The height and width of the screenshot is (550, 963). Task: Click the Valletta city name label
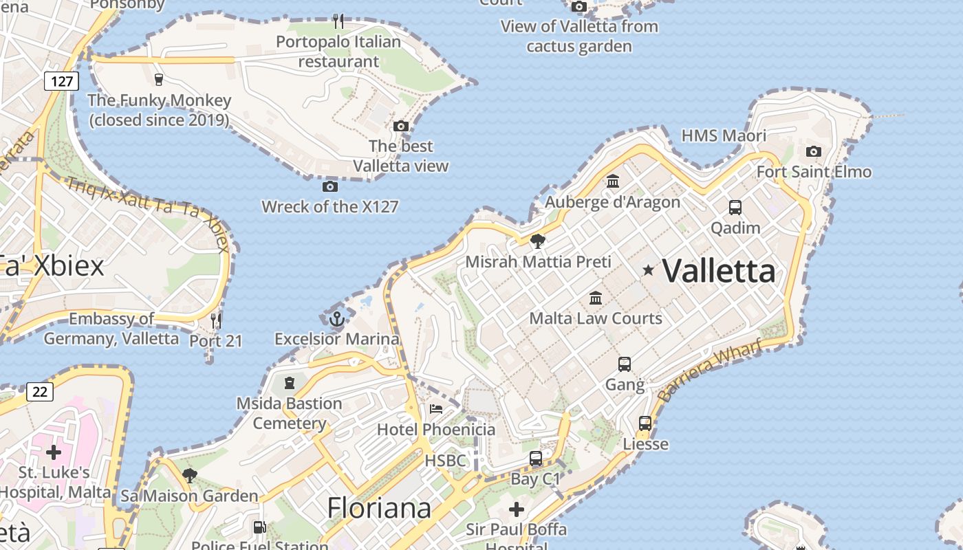click(x=719, y=271)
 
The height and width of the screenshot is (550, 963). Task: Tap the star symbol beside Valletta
click(x=648, y=270)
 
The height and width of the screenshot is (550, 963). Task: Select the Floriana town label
click(x=379, y=508)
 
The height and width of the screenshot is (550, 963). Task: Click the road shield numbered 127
click(x=62, y=82)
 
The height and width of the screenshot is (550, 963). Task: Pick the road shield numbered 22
click(x=40, y=392)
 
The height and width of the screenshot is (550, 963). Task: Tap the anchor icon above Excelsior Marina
click(x=336, y=319)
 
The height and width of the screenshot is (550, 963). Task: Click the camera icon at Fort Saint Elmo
click(x=814, y=151)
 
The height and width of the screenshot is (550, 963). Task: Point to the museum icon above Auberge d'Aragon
click(x=613, y=181)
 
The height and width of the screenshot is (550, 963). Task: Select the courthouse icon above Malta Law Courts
click(x=596, y=298)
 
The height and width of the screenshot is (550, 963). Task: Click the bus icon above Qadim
click(x=735, y=207)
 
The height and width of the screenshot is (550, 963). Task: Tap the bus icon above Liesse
click(x=645, y=423)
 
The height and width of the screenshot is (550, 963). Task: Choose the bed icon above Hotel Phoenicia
click(x=436, y=409)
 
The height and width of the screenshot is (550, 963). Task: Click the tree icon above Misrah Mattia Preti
click(x=538, y=241)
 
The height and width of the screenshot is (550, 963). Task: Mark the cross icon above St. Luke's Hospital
click(x=54, y=452)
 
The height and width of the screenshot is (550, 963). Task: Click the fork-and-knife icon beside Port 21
click(x=216, y=320)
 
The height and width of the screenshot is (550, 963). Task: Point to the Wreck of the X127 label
click(x=330, y=206)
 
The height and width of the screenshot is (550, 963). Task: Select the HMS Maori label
click(x=724, y=135)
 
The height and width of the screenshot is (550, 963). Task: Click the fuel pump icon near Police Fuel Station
click(x=259, y=527)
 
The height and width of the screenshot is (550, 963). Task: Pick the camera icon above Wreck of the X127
click(x=330, y=186)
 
